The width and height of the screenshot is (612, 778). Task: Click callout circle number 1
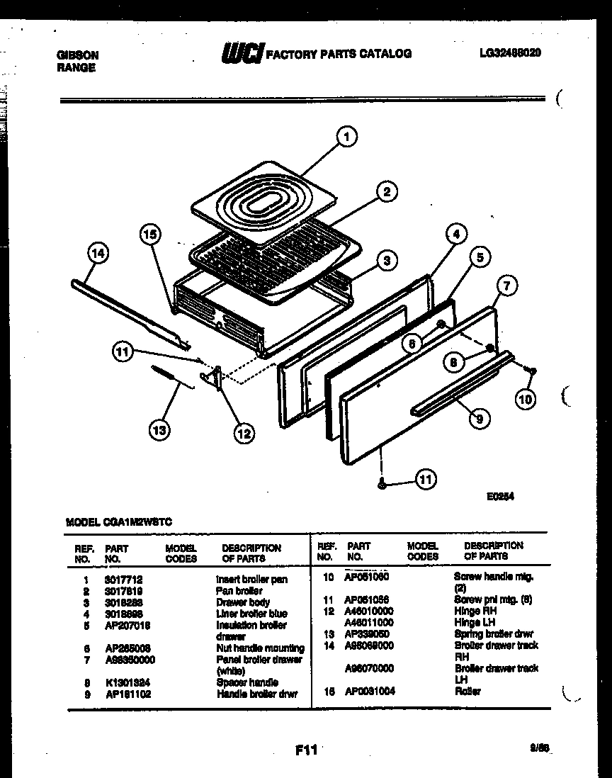[346, 137]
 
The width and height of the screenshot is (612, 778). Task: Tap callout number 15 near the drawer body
[149, 235]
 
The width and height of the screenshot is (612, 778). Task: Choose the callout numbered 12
[243, 434]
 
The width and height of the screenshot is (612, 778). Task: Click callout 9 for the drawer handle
[479, 419]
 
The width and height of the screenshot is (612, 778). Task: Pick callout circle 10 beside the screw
[525, 399]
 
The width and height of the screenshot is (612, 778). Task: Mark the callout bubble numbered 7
[506, 286]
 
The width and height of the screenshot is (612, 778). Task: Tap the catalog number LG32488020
[510, 53]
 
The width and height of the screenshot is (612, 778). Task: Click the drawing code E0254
[500, 497]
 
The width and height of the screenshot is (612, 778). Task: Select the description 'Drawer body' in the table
[243, 602]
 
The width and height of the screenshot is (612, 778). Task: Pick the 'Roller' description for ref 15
[467, 691]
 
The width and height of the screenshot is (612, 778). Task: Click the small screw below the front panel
[382, 483]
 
